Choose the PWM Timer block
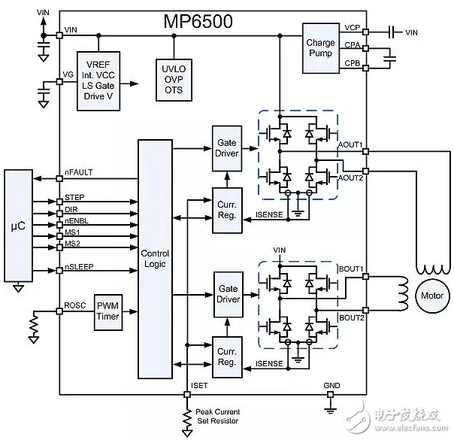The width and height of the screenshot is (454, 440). (x=107, y=312)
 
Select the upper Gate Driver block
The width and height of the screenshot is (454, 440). (x=226, y=147)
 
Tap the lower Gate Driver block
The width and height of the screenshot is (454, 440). (x=226, y=294)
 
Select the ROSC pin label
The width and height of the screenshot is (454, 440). (x=75, y=306)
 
